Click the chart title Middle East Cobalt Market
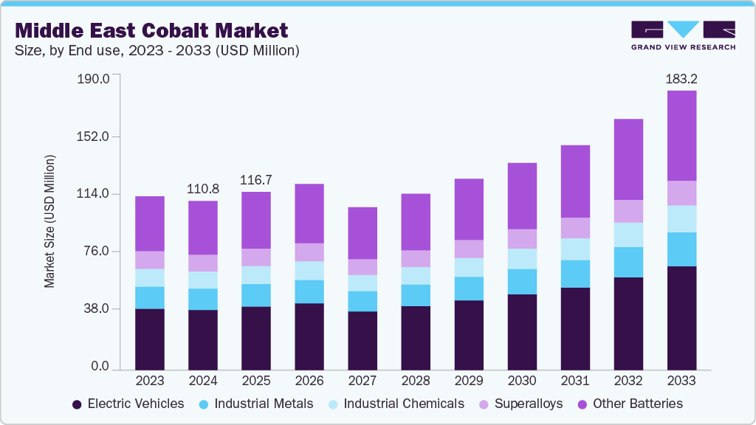[151, 30]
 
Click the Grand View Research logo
[683, 35]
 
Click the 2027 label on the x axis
[362, 381]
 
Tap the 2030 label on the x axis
[521, 381]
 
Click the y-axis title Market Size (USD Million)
[49, 221]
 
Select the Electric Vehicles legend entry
[128, 404]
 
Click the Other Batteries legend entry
[631, 404]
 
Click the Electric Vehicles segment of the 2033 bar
[681, 317]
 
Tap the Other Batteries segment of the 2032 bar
[628, 159]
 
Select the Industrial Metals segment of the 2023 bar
[149, 297]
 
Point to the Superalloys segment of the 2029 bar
[468, 249]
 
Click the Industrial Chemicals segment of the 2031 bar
[574, 249]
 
